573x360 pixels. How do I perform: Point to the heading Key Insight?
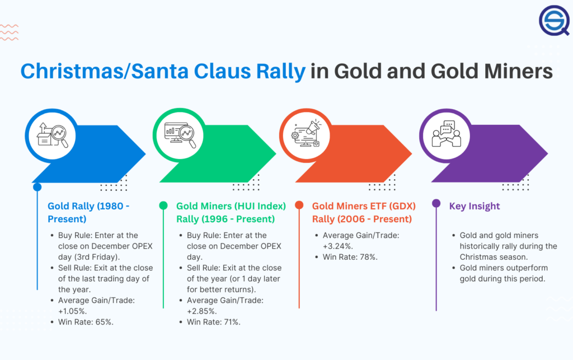point(474,206)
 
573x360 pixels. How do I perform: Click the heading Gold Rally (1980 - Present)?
point(88,212)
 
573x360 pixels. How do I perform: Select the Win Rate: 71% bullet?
point(214,321)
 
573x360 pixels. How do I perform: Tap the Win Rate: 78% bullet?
point(349,257)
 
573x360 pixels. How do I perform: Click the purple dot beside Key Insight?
point(436,205)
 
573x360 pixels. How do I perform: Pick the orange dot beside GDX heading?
point(299,205)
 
